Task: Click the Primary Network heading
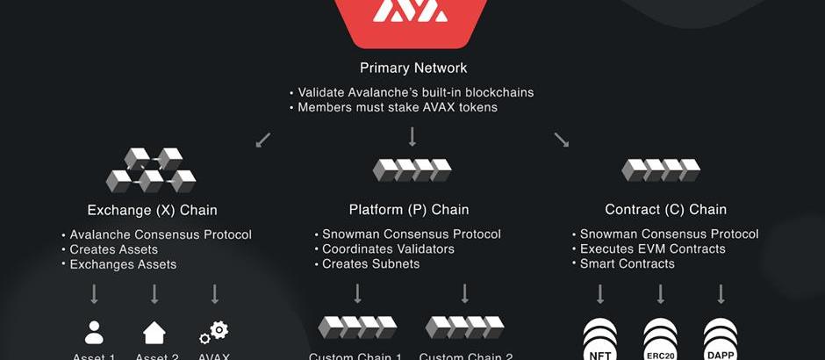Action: pyautogui.click(x=412, y=68)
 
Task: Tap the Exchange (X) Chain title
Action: pyautogui.click(x=152, y=210)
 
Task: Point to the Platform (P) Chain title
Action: pyautogui.click(x=409, y=210)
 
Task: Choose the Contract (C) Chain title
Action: pyautogui.click(x=665, y=210)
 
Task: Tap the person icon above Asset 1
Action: pyautogui.click(x=94, y=332)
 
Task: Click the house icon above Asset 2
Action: pyautogui.click(x=154, y=332)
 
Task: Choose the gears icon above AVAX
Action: pyautogui.click(x=214, y=332)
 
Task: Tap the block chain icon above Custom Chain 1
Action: pyautogui.click(x=356, y=328)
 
